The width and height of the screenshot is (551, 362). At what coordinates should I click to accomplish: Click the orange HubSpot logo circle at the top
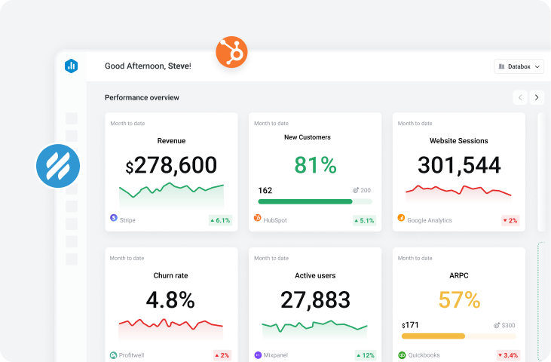pyautogui.click(x=231, y=53)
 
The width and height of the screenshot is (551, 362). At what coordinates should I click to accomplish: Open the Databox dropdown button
pyautogui.click(x=519, y=66)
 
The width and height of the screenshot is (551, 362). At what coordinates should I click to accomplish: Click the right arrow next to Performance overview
pyautogui.click(x=536, y=97)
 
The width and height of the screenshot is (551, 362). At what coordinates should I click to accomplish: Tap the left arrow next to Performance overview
pyautogui.click(x=520, y=97)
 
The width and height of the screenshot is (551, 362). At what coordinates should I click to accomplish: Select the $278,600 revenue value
pyautogui.click(x=171, y=164)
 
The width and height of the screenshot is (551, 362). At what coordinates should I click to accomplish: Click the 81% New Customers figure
pyautogui.click(x=315, y=164)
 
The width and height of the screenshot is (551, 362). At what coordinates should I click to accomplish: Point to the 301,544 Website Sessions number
pyautogui.click(x=458, y=164)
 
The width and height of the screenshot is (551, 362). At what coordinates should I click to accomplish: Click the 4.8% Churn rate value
pyautogui.click(x=170, y=299)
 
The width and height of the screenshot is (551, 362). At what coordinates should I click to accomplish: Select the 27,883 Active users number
pyautogui.click(x=315, y=299)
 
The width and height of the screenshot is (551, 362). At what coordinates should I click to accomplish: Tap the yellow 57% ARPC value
pyautogui.click(x=458, y=299)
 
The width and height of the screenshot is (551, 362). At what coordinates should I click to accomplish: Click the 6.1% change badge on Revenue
pyautogui.click(x=220, y=220)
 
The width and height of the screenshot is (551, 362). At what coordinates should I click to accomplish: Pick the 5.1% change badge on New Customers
pyautogui.click(x=364, y=220)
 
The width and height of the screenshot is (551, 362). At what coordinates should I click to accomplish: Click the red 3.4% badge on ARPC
pyautogui.click(x=507, y=355)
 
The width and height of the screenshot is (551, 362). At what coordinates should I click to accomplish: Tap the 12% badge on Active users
pyautogui.click(x=365, y=355)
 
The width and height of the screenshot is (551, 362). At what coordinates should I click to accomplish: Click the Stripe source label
pyautogui.click(x=127, y=220)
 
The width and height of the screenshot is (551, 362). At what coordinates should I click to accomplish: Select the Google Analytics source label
pyautogui.click(x=429, y=220)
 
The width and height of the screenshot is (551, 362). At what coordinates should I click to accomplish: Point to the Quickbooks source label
pyautogui.click(x=424, y=355)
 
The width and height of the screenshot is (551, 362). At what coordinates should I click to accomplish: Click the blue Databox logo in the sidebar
pyautogui.click(x=72, y=66)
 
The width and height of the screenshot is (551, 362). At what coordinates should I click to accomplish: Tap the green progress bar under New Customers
pyautogui.click(x=305, y=201)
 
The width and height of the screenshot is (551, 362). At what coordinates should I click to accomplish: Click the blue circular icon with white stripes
pyautogui.click(x=58, y=165)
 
